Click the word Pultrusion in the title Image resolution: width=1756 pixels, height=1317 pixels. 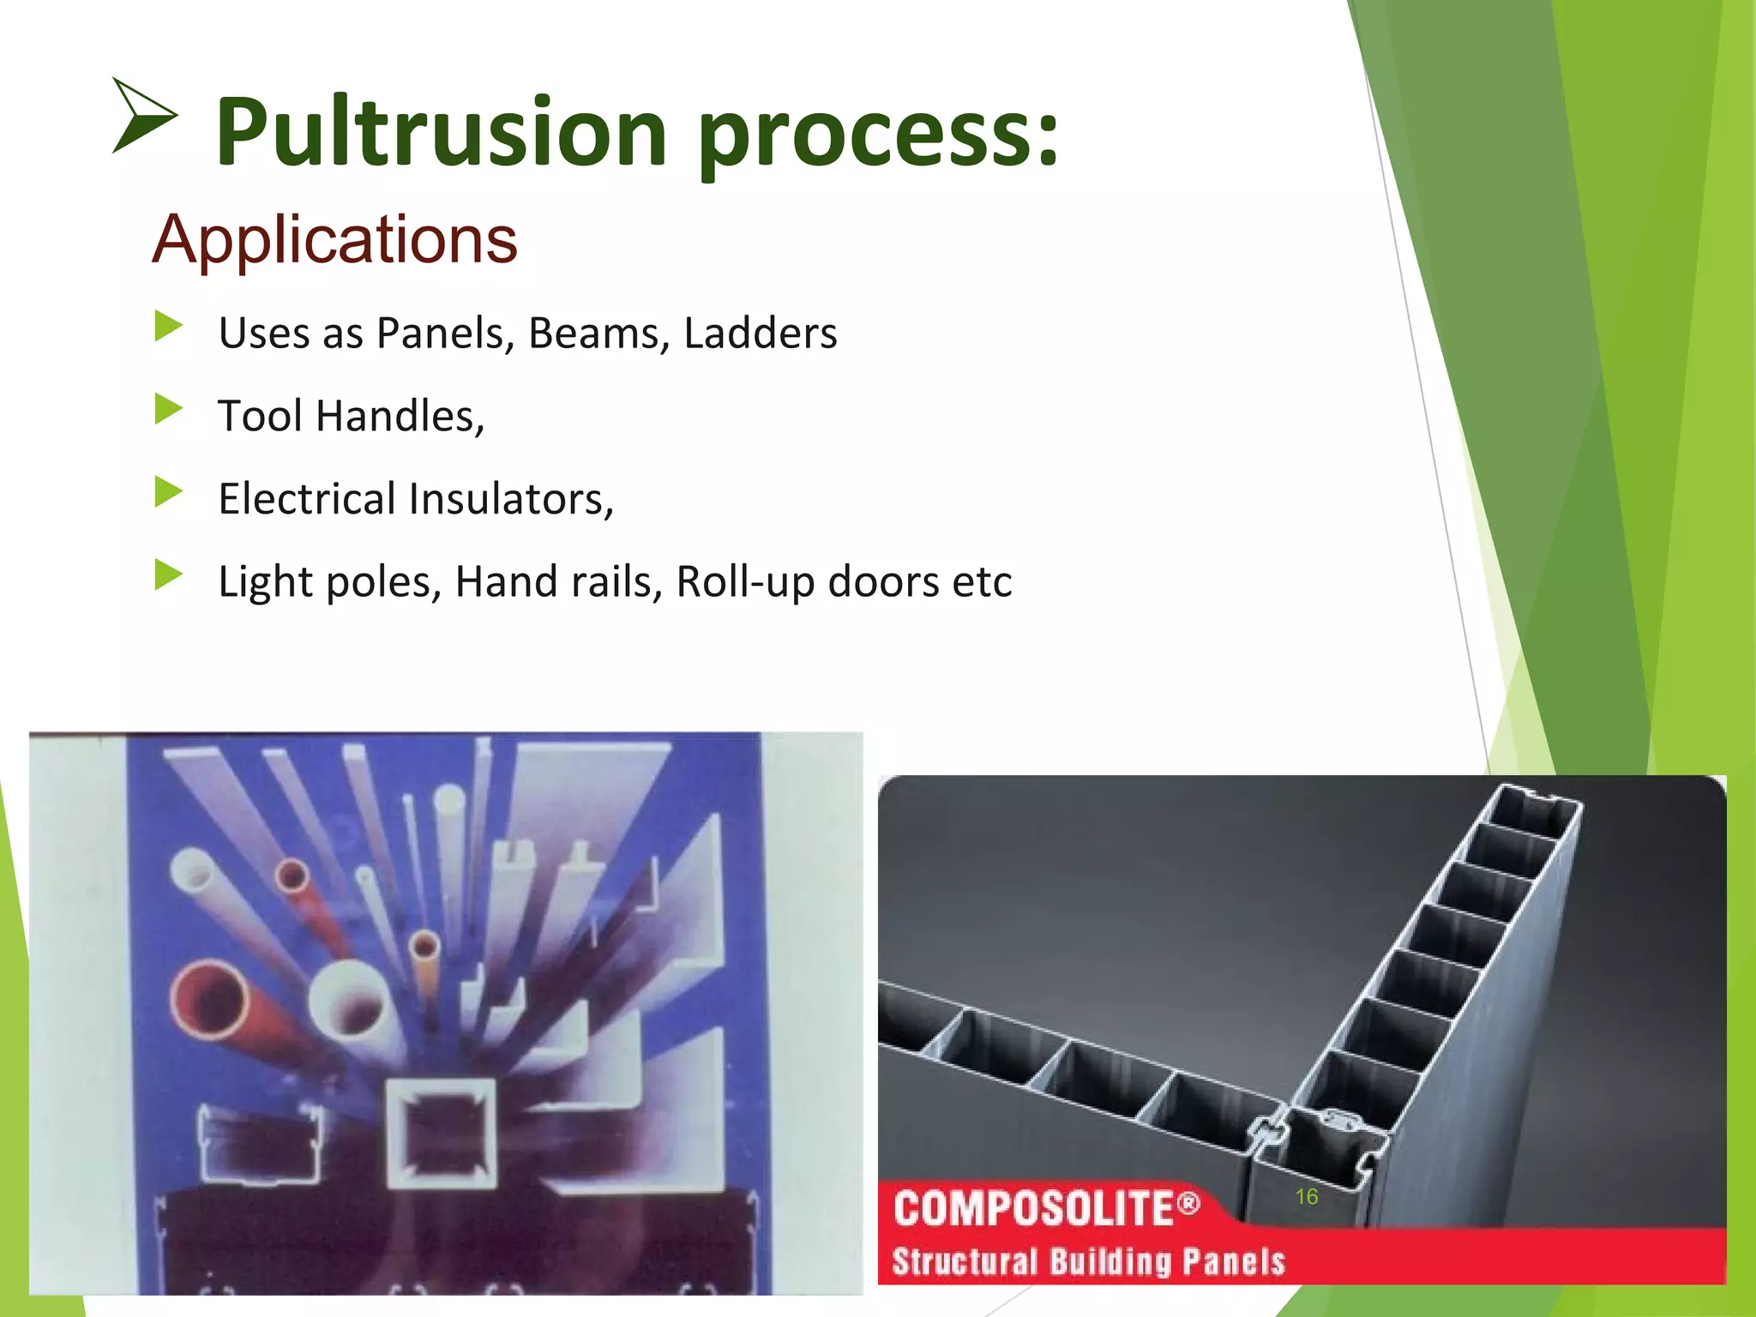[x=441, y=133]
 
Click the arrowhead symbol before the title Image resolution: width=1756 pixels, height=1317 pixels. [x=143, y=116]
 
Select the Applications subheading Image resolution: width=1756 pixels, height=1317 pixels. [x=334, y=239]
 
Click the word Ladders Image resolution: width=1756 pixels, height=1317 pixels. [x=760, y=333]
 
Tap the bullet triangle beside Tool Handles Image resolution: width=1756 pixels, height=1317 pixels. [x=168, y=409]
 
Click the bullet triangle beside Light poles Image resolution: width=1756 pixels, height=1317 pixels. [x=168, y=575]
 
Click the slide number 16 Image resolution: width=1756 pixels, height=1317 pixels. [x=1306, y=1196]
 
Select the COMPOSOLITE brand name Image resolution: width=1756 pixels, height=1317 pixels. [x=1032, y=1209]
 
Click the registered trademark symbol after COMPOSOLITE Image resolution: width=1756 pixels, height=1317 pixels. [x=1188, y=1205]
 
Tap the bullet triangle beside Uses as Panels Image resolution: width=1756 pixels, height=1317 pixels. [x=168, y=326]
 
